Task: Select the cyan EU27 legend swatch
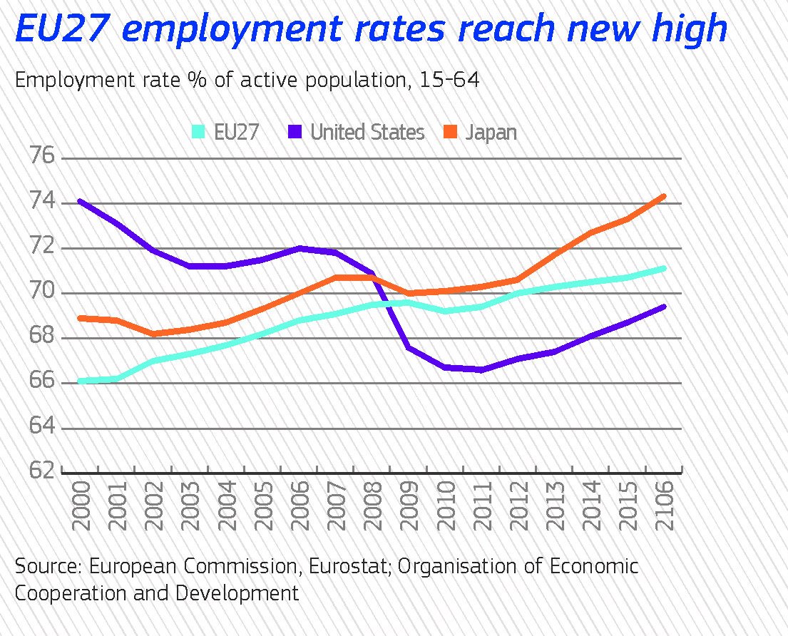pos(199,132)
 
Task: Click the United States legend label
pos(367,132)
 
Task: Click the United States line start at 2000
pos(79,201)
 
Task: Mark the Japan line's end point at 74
pos(664,196)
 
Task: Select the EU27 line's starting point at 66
pos(79,381)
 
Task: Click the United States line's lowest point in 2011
pos(481,370)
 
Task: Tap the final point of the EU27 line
pos(664,269)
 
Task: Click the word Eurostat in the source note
pos(351,567)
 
